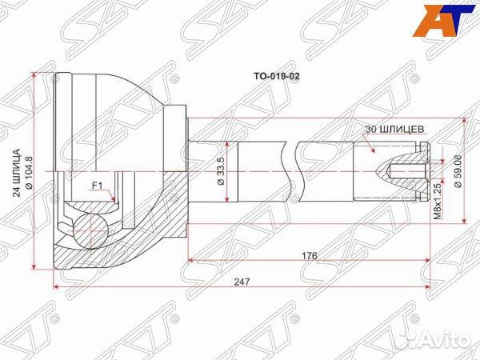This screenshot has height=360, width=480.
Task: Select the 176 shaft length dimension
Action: coord(310,255)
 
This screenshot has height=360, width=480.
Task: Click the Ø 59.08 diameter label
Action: coord(458,170)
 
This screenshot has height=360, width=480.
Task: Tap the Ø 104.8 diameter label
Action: coord(29,170)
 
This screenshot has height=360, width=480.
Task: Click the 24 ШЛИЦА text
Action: coord(15,170)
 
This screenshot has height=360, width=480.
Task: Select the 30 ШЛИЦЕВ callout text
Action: coord(394,128)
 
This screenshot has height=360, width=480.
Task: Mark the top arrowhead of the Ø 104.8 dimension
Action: coord(35,75)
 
